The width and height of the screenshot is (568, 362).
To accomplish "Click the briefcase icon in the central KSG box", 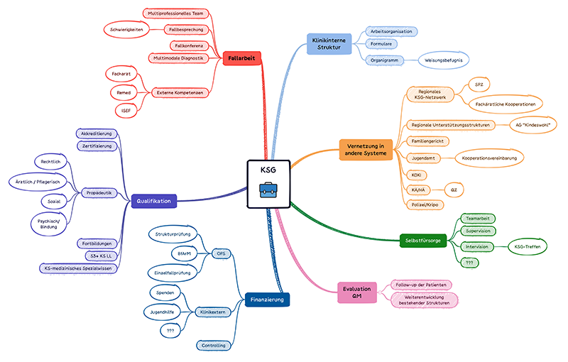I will point(268,191).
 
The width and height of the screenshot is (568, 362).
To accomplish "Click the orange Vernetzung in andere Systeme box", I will point(366,150).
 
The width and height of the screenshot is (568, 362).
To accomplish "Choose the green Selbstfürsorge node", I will point(422,241).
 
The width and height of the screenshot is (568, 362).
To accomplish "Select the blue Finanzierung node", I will point(267,300).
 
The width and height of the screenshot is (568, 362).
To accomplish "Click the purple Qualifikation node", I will point(153,202).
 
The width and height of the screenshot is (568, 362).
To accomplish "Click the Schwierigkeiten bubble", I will point(128,30).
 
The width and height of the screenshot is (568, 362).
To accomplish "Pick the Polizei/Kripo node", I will point(427,204).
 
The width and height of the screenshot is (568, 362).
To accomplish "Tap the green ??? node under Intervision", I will point(469,263).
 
